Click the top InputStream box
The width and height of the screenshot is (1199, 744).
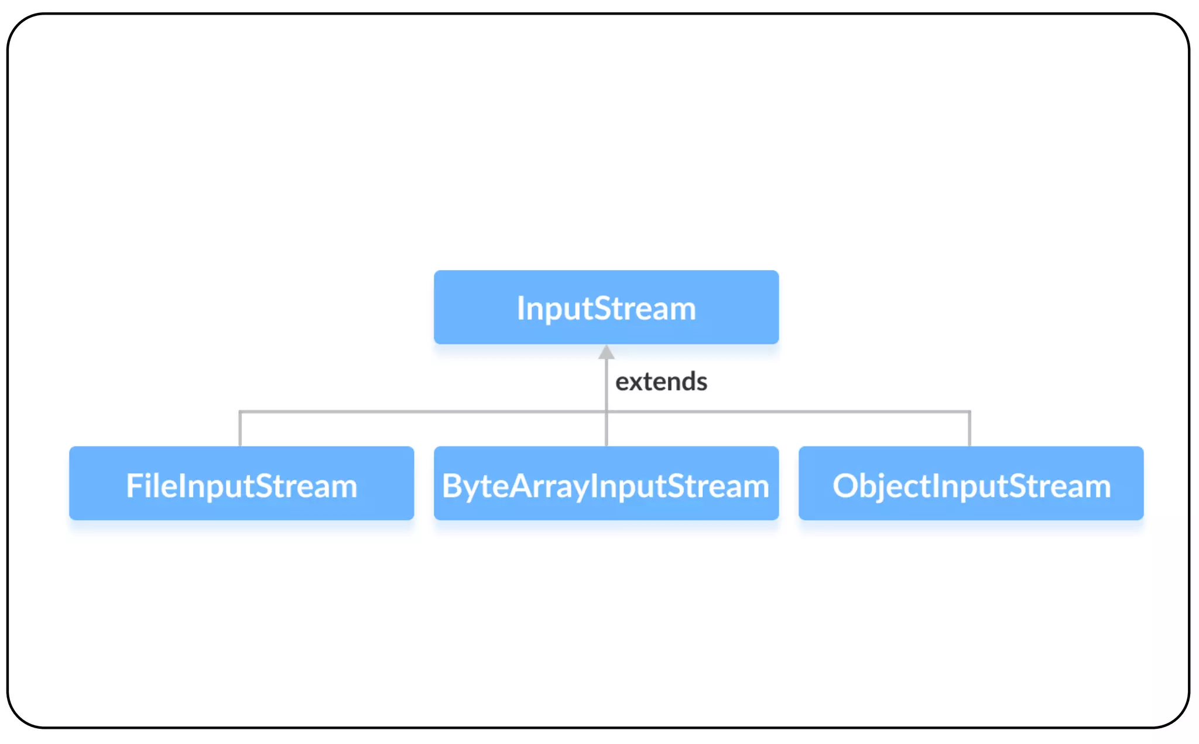coord(606,307)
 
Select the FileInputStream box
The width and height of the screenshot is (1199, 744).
coord(241,483)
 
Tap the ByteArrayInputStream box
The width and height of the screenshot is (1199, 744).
coord(606,483)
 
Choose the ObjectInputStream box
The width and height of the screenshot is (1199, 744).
coord(971,483)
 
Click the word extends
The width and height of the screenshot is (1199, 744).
coord(661,381)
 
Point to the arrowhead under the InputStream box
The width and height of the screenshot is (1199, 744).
coord(607,351)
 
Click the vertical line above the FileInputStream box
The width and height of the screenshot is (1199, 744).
coord(240,429)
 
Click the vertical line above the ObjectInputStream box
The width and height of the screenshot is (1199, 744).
coord(970,429)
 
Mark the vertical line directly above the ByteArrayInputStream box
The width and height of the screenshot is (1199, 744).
coord(607,429)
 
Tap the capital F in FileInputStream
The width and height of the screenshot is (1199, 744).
coord(135,486)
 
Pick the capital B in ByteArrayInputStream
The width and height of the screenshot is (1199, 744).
coord(452,486)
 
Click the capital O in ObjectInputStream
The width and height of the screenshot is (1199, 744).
coord(845,486)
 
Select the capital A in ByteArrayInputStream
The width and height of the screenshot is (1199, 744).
coord(520,486)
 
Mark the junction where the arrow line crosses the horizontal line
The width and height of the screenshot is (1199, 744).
coord(607,412)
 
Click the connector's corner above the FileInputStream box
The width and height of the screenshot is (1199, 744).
coord(240,412)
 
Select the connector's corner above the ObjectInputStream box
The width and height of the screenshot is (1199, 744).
coord(970,412)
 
